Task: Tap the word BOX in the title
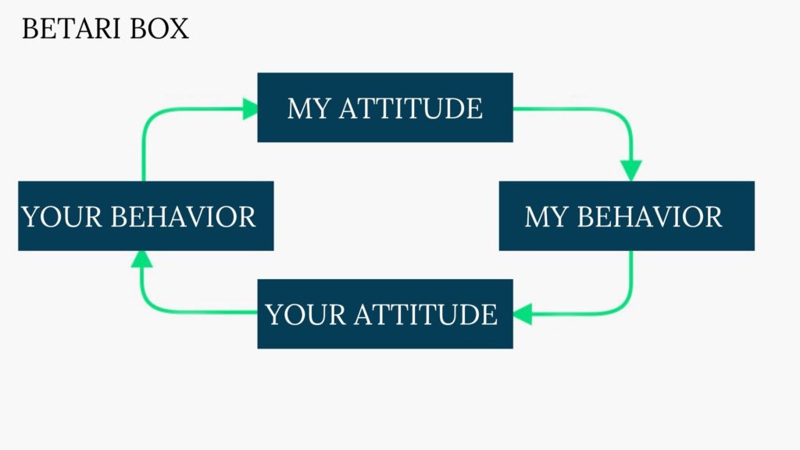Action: tap(159, 29)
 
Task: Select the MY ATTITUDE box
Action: tap(385, 107)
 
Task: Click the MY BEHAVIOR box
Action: tap(627, 216)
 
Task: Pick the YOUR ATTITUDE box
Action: tap(385, 314)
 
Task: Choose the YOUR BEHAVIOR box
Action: tap(146, 216)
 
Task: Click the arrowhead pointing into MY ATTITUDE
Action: tap(250, 109)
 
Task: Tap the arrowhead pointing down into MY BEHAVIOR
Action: tap(631, 170)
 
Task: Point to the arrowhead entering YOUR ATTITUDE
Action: tap(523, 314)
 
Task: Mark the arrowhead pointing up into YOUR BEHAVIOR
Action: tap(142, 259)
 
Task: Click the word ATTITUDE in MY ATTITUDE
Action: tap(411, 109)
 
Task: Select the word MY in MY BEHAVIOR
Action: tap(546, 217)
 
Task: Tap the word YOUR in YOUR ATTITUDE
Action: tap(305, 314)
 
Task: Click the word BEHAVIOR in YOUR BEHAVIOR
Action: tap(183, 217)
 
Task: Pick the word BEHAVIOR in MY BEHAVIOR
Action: tap(649, 217)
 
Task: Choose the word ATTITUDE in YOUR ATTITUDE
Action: tap(426, 314)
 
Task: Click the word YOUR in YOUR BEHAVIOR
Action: tap(61, 217)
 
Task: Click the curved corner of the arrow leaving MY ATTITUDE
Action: tap(623, 117)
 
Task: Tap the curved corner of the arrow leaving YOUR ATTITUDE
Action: tap(149, 305)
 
